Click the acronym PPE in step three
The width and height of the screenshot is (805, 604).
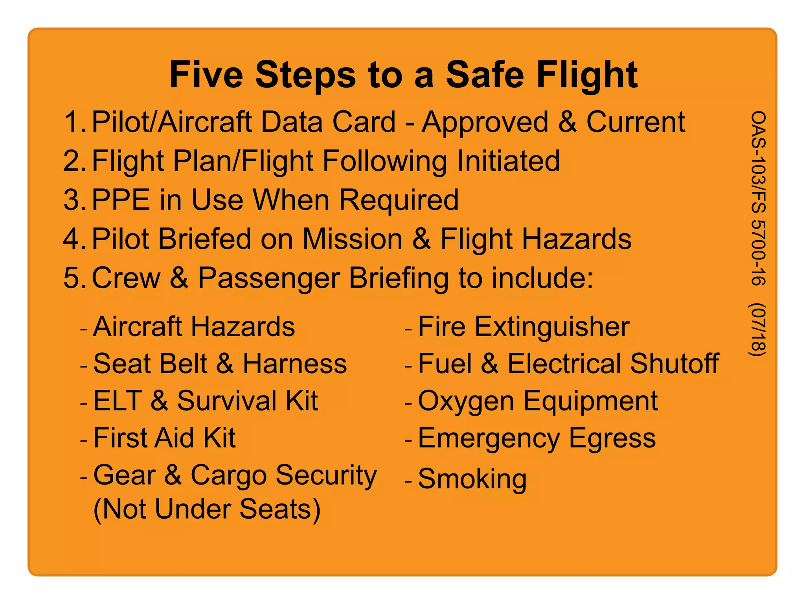click(121, 200)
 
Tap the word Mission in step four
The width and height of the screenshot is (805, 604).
click(352, 239)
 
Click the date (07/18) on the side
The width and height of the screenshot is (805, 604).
click(758, 330)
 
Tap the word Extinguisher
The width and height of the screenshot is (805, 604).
click(552, 327)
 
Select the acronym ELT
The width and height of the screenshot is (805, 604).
click(118, 401)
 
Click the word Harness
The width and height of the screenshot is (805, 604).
click(295, 363)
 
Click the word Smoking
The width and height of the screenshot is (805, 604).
click(472, 479)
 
